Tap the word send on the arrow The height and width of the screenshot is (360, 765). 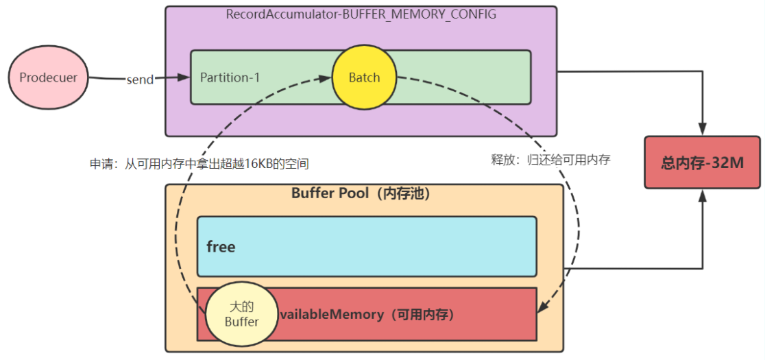(x=140, y=79)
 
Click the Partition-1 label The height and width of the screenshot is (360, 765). (x=230, y=77)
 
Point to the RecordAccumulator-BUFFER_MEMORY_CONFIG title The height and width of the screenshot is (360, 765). (x=361, y=14)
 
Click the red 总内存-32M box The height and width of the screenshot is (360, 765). (x=702, y=163)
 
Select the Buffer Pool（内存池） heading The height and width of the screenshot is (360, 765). (x=361, y=193)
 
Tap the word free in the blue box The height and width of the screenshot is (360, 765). (x=221, y=247)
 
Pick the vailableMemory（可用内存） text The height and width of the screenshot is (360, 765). (x=366, y=315)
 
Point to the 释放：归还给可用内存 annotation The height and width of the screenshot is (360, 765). (x=550, y=160)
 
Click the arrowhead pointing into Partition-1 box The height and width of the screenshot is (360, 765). (x=184, y=77)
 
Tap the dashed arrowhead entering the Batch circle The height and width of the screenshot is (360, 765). (x=326, y=78)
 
